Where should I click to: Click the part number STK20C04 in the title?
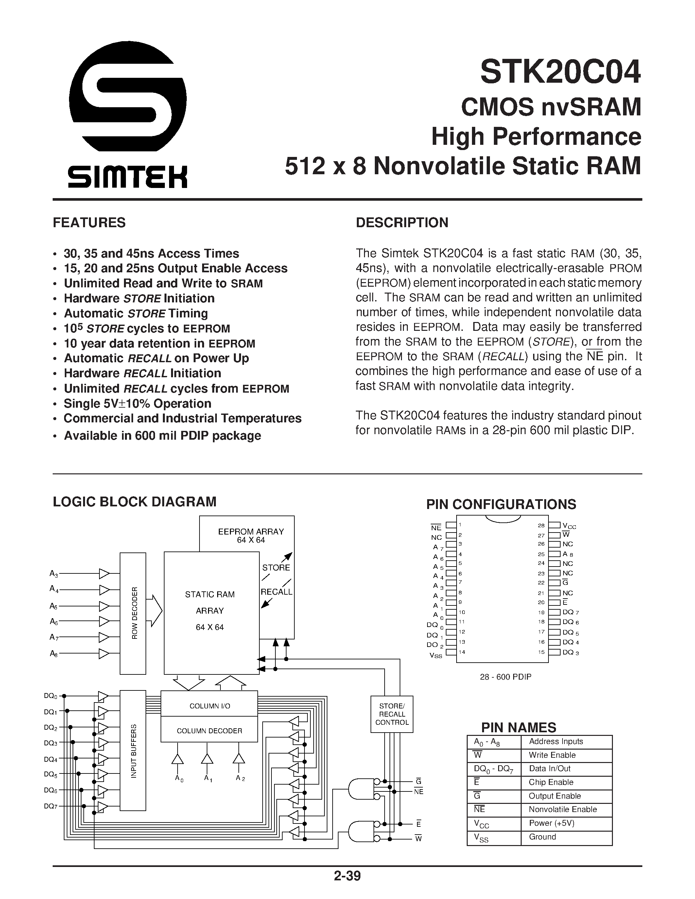[560, 72]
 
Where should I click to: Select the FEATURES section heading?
[89, 223]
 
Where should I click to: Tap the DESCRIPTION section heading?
[402, 223]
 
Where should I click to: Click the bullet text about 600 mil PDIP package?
[162, 435]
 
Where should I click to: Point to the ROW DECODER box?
[133, 613]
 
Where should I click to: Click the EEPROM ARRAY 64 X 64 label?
[251, 535]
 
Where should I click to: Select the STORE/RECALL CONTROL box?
[391, 714]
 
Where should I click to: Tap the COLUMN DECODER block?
[209, 731]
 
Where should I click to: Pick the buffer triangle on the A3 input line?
[104, 573]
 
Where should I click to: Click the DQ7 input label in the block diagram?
[51, 806]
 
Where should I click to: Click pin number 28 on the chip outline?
[541, 526]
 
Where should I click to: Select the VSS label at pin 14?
[436, 655]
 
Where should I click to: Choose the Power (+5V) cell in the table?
[551, 823]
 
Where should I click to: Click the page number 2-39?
[347, 876]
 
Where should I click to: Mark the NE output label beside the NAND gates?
[418, 791]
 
